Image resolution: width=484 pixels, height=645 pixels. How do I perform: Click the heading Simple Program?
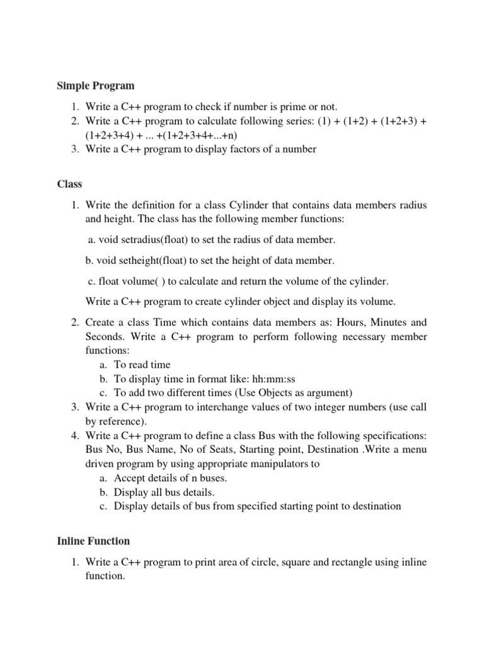click(x=96, y=86)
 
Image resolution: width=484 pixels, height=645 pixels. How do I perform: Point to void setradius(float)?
click(x=141, y=240)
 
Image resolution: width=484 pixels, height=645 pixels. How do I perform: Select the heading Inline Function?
click(x=93, y=541)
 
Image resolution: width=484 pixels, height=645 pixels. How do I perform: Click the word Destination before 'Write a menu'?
click(x=334, y=450)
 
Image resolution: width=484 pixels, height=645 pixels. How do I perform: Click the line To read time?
click(x=142, y=365)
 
